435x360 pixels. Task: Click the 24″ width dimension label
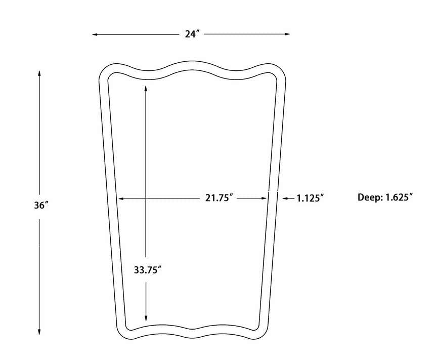(x=192, y=34)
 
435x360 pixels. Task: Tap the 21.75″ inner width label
(x=219, y=198)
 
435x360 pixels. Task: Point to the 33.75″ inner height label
(x=148, y=270)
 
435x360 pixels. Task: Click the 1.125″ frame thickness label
(x=310, y=198)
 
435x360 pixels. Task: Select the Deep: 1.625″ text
(x=385, y=197)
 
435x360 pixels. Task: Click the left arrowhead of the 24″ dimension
(x=95, y=34)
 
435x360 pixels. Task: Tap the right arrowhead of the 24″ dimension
(x=287, y=34)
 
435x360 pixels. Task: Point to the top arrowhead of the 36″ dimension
(x=39, y=73)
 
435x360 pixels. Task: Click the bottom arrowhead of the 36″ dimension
(x=39, y=332)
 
